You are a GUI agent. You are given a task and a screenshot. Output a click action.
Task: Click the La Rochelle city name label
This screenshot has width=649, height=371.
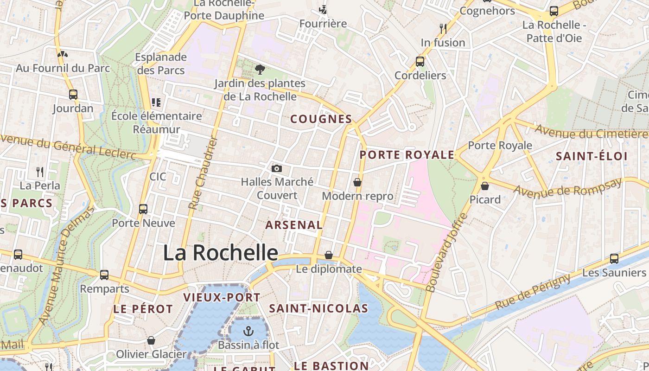pos(220,253)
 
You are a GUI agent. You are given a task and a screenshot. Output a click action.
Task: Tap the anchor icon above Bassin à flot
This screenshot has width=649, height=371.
pos(249,331)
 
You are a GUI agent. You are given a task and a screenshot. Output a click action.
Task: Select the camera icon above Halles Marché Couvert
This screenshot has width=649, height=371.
pos(277,168)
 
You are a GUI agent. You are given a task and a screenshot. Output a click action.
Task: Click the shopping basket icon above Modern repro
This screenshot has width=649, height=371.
pos(357,182)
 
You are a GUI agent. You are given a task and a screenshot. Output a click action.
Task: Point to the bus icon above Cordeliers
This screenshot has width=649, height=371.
pos(420,61)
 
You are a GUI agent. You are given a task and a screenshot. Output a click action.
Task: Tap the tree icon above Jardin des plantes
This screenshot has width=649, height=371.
pos(260,70)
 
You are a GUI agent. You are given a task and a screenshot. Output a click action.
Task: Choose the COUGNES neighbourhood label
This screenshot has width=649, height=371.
pos(321,119)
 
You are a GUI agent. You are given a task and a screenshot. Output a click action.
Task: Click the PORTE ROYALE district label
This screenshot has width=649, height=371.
pos(407,155)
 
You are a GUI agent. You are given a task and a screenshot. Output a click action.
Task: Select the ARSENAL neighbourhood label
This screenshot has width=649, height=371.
pos(294,225)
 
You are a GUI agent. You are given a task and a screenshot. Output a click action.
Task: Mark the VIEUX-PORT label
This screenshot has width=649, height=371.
pos(222,298)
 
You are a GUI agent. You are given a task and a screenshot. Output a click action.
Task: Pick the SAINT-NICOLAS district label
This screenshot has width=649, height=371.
pos(319,308)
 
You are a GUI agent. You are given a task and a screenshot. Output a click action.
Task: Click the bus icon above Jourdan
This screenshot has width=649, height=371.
pos(73,95)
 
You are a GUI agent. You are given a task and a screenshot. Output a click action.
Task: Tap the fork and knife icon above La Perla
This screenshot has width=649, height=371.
pos(40,172)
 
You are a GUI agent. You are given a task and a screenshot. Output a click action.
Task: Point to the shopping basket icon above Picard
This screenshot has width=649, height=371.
pos(485,186)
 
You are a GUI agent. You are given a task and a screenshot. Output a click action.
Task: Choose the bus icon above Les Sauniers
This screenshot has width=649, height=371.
pos(614,259)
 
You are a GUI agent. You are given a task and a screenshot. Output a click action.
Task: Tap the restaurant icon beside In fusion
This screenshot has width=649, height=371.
pos(443,29)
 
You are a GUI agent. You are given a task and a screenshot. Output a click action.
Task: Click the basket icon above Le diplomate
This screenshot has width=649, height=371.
pos(329,255)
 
